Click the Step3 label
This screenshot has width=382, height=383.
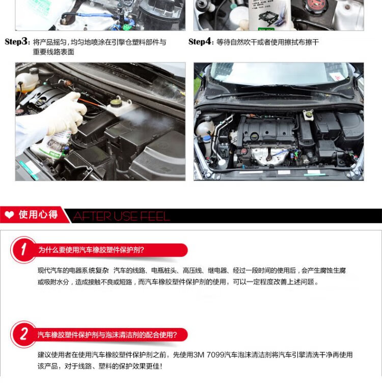16,42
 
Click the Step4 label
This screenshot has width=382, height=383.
200,42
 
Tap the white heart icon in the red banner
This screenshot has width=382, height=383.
10,215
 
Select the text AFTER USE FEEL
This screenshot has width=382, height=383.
121,216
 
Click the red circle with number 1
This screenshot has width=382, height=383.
23,250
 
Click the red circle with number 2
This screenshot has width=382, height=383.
23,334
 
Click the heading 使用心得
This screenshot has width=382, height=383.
38,215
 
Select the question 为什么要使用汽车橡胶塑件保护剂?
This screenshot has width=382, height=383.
91,250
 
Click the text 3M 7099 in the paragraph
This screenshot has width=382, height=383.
209,355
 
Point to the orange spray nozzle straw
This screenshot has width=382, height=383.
92,102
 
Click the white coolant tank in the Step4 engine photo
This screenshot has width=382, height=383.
204,127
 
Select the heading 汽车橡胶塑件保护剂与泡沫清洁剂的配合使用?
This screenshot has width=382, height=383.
107,335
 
